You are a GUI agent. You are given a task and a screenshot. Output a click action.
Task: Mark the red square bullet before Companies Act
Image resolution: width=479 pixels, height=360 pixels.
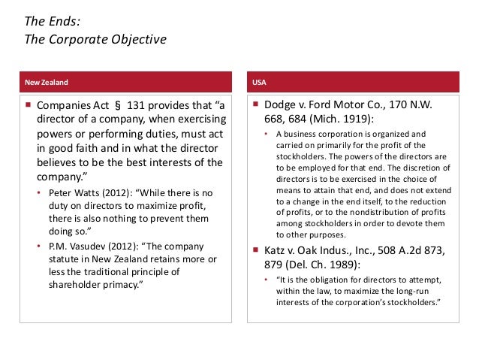click(x=28, y=106)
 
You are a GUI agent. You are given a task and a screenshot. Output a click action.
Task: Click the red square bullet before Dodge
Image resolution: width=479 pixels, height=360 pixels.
click(x=255, y=106)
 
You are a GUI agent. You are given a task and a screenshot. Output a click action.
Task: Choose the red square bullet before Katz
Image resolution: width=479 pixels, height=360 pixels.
click(x=255, y=250)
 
